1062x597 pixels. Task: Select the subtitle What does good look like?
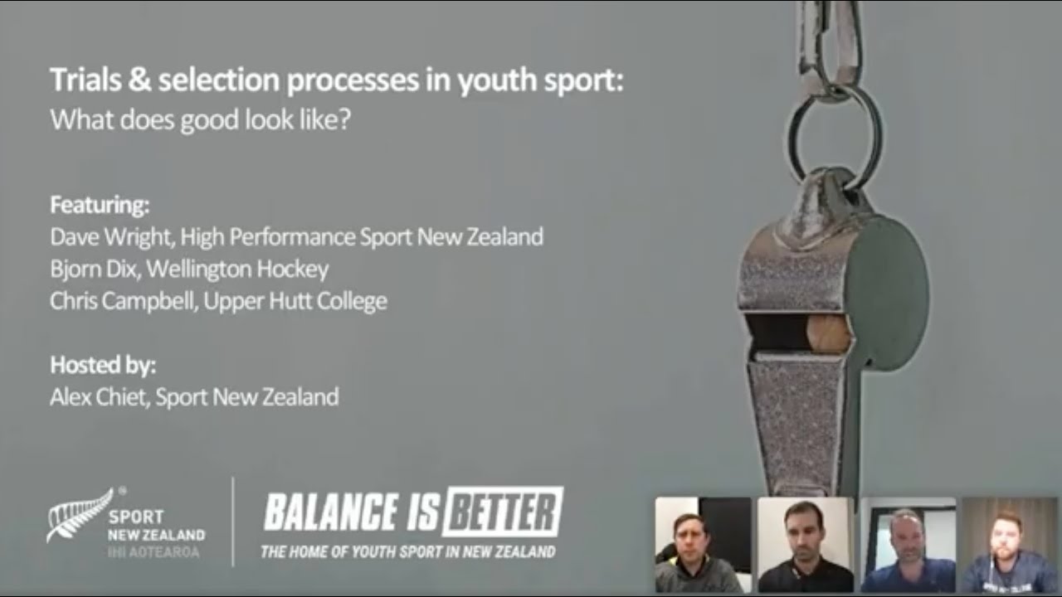(x=201, y=120)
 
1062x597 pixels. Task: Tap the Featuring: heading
(x=100, y=205)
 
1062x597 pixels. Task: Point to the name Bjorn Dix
(x=91, y=269)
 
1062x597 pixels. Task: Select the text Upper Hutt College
(x=295, y=301)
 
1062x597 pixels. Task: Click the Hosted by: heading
(x=103, y=366)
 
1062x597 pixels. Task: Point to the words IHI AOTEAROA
(x=153, y=551)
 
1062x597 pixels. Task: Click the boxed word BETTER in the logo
(x=502, y=512)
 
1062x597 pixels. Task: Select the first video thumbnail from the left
(x=703, y=545)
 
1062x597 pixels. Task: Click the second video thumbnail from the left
(x=805, y=545)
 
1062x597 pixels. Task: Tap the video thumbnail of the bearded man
(x=1010, y=545)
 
